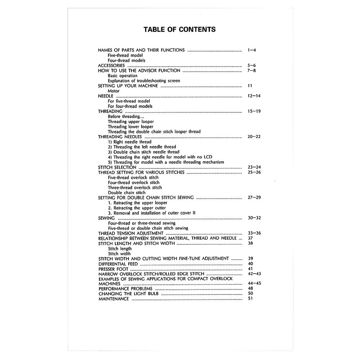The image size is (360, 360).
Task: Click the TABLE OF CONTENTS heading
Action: (180, 30)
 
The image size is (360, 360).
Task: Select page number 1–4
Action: (252, 50)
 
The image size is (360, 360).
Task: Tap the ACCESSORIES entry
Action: (112, 66)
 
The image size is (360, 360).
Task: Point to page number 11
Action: (250, 86)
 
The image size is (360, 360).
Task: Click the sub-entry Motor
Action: (114, 91)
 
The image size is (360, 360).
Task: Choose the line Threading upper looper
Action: (131, 122)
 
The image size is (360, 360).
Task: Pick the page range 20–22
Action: (254, 137)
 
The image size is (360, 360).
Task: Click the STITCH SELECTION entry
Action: (117, 167)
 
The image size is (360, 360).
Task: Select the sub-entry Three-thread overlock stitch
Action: (135, 188)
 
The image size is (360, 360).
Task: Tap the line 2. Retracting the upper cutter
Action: (137, 208)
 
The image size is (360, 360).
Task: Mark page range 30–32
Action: (254, 218)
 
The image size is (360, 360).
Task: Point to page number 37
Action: (251, 238)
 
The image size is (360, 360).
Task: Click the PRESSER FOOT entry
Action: (113, 269)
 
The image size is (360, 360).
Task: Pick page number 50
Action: (251, 293)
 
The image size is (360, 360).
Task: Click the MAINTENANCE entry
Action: (114, 299)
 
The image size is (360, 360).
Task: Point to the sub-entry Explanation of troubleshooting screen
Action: (144, 81)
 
